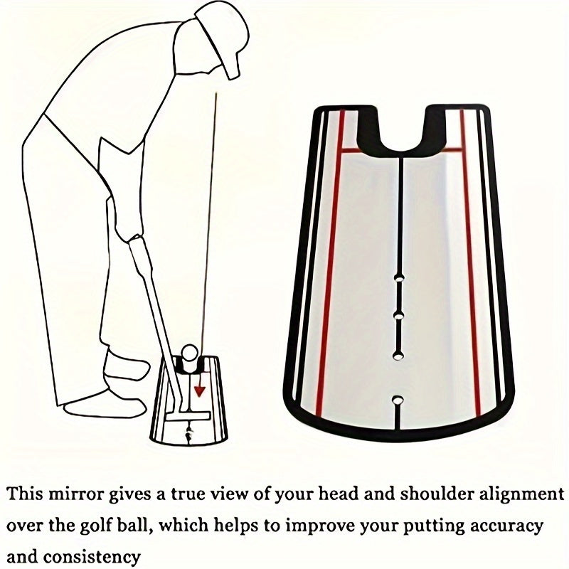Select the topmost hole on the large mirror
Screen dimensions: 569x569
click(398, 278)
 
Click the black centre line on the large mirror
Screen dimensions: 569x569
click(400, 213)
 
